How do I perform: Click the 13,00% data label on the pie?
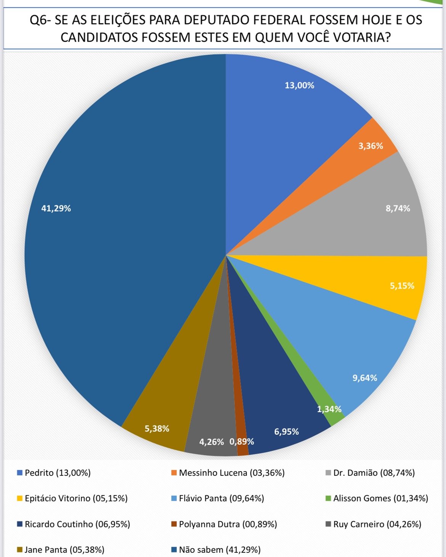[x=300, y=85]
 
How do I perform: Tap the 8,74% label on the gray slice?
[x=398, y=209]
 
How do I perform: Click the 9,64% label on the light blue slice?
[x=365, y=378]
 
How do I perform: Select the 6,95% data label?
[x=286, y=432]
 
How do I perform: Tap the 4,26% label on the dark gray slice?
[x=212, y=442]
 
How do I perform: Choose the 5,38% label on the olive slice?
[x=157, y=429]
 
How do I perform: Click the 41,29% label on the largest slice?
[x=56, y=209]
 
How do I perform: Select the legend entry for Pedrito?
[x=58, y=473]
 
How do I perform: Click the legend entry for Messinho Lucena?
[x=231, y=473]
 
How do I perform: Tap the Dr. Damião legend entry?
[x=374, y=473]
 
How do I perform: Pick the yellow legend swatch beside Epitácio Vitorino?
[x=20, y=499]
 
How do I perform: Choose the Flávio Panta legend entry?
[x=221, y=499]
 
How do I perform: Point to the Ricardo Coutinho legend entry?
[x=77, y=525]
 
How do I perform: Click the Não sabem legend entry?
[x=220, y=550]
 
